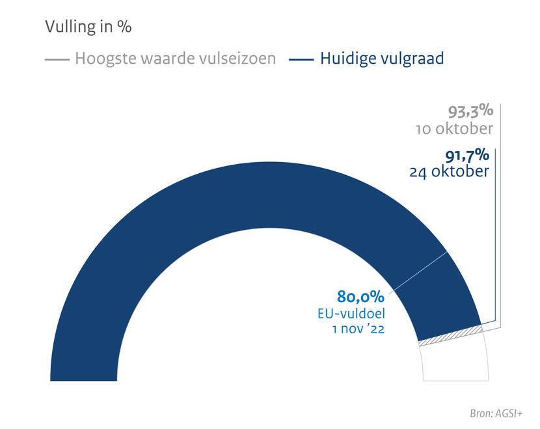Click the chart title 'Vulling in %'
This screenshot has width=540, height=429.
click(x=88, y=27)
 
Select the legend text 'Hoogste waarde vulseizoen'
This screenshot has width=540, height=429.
click(x=175, y=59)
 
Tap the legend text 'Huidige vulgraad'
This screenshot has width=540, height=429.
click(x=382, y=59)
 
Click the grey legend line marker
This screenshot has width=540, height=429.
click(x=57, y=59)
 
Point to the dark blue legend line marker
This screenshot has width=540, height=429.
click(x=301, y=59)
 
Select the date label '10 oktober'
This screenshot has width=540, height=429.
click(x=454, y=129)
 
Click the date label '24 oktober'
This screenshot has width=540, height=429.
click(x=449, y=173)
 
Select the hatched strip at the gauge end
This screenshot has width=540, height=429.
click(x=452, y=335)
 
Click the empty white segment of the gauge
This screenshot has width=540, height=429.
click(x=455, y=361)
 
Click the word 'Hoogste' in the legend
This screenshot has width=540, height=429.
click(x=101, y=59)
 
